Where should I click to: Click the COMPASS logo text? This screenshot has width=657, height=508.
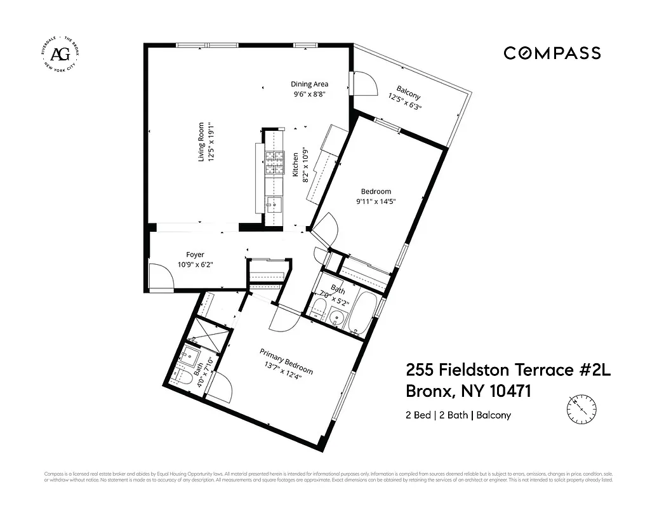pos(552,53)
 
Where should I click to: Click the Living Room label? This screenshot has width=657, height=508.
pos(202,142)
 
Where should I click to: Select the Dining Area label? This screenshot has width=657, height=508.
pos(309,84)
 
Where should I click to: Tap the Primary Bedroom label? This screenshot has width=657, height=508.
pos(286,361)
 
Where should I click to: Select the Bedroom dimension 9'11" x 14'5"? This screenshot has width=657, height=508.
pos(376,202)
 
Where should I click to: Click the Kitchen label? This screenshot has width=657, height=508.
pos(295,164)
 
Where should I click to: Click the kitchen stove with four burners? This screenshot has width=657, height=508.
pos(274,162)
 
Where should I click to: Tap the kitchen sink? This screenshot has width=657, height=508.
pos(273,204)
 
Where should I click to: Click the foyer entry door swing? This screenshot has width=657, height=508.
pos(160,277)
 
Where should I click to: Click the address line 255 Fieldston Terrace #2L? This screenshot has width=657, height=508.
pos(507,370)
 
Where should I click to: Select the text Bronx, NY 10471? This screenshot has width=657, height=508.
pos(468,392)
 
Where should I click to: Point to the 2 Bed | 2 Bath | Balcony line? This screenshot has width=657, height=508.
pos(458,415)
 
